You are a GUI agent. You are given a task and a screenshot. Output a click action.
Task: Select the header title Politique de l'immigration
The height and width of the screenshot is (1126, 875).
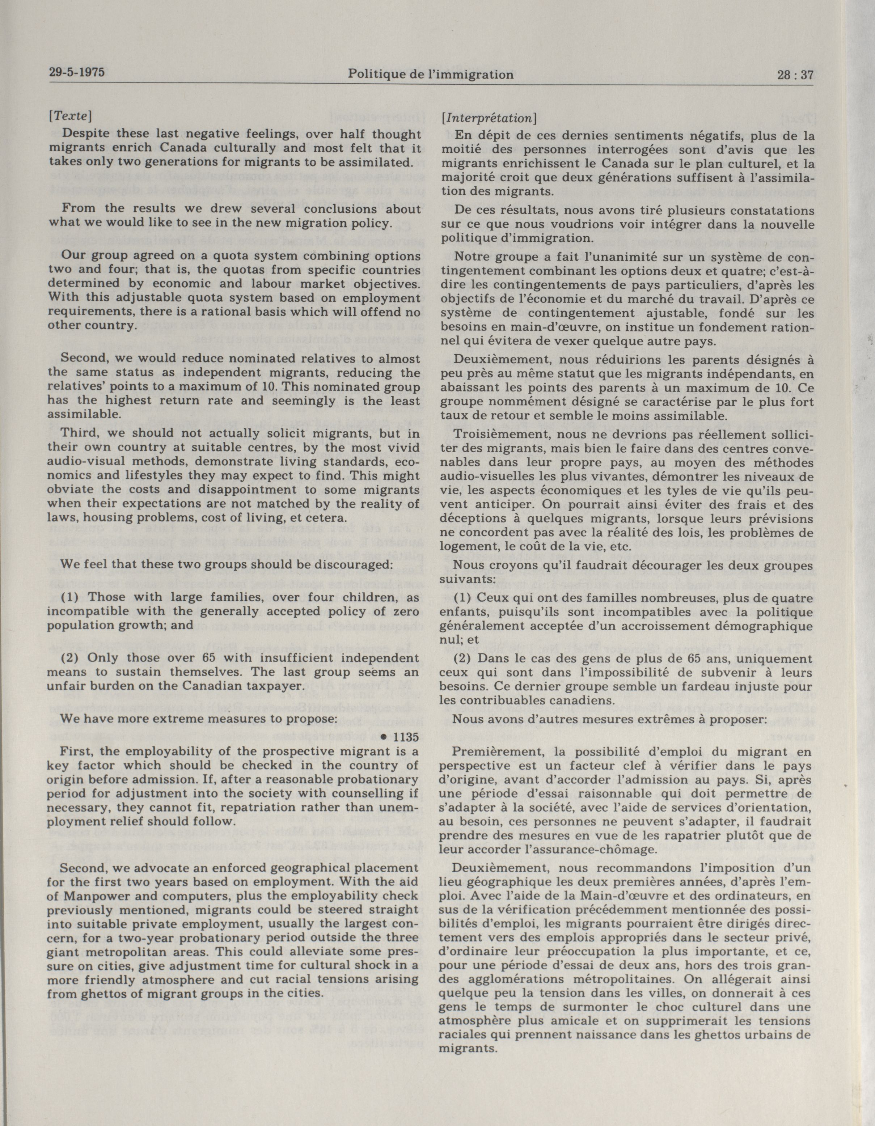[431, 74]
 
